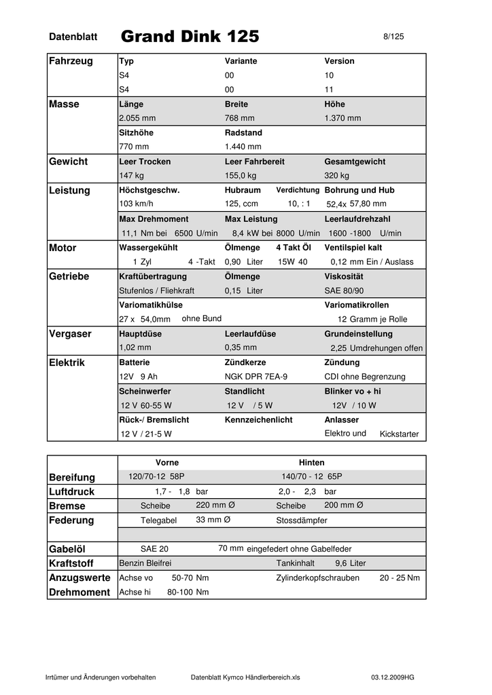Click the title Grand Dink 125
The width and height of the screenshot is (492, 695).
point(190,36)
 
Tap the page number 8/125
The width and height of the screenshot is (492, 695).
point(393,37)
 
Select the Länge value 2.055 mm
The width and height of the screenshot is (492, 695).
point(137,118)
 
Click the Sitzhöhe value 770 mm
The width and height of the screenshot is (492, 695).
point(134,147)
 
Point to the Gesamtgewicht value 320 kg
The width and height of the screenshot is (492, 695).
point(336,176)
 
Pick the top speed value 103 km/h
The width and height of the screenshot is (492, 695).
point(137,204)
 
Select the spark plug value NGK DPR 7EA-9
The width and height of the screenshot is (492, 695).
point(256,377)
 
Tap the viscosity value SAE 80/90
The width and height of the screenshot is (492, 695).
point(345,290)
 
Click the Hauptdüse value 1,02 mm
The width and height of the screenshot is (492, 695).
point(135,347)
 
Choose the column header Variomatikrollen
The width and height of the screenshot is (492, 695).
point(357,305)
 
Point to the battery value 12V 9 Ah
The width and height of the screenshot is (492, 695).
point(139,377)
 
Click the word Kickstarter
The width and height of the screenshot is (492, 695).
point(399,434)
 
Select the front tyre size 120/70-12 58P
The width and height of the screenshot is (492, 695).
point(156,476)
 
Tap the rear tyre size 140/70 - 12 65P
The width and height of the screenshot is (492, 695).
point(312,476)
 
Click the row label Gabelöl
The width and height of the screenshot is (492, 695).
point(67,549)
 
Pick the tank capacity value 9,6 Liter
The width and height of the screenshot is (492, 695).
point(350,563)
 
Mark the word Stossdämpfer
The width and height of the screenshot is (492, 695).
point(302,521)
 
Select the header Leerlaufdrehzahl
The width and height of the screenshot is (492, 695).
point(357,219)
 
